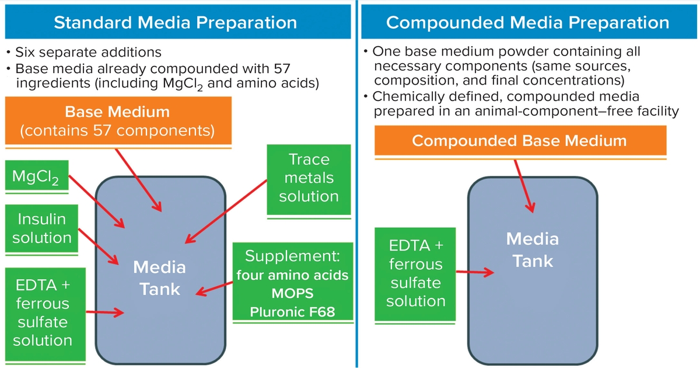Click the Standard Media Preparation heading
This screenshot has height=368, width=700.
(175, 23)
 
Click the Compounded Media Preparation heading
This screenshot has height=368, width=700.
(527, 23)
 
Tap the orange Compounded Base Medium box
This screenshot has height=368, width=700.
(520, 141)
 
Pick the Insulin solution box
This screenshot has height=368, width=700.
(42, 228)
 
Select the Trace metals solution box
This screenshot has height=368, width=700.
(309, 178)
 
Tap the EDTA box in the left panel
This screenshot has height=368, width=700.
(43, 313)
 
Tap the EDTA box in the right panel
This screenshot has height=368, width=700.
(415, 273)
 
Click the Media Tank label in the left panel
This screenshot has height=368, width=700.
(159, 278)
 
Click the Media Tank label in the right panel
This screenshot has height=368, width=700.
(532, 249)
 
